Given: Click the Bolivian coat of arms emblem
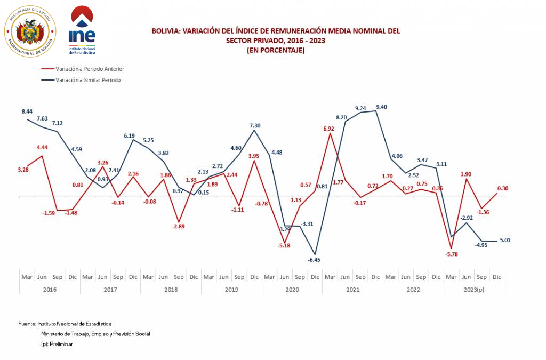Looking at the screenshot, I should (30, 31).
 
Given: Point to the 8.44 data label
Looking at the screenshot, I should (27, 111).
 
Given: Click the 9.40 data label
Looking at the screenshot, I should (381, 107).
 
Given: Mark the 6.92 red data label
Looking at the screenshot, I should (328, 128).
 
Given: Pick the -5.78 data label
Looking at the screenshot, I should (452, 254).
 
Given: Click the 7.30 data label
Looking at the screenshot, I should (255, 125).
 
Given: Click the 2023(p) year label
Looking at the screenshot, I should (473, 290).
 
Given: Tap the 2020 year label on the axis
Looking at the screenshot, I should (292, 290).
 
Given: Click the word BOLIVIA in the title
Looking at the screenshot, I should (166, 31).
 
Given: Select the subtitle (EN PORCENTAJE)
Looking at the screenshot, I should (275, 50).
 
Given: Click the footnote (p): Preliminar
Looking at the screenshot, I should (57, 344).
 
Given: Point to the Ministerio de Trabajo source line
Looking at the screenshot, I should (95, 334).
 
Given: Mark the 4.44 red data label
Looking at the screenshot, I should (43, 147).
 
